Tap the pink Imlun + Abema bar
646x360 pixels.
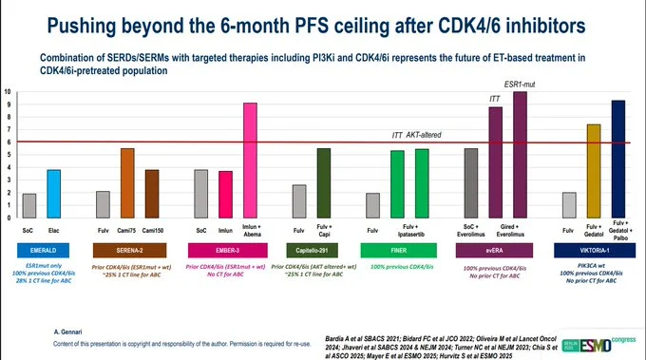[251, 160]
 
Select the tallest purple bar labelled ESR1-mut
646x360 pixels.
[520, 154]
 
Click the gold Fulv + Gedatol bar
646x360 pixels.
[594, 170]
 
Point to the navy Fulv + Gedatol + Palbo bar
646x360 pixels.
[618, 158]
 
